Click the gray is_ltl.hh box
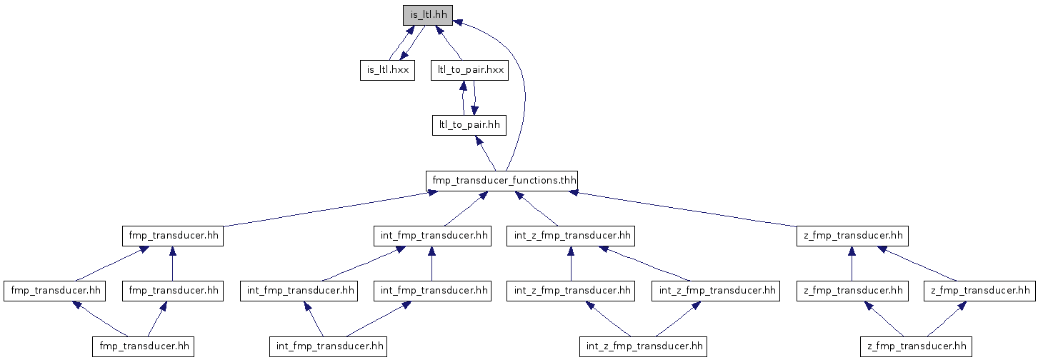tap(428, 15)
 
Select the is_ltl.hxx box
tap(387, 70)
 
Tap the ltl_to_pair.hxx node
tap(469, 70)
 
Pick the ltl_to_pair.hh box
tap(469, 125)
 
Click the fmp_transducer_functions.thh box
tap(501, 180)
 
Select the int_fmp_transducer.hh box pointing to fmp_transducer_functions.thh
tap(432, 236)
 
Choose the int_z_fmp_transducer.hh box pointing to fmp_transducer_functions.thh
tap(571, 236)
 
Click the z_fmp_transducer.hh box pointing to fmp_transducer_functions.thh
tap(853, 236)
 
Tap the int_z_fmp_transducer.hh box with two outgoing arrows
tap(643, 346)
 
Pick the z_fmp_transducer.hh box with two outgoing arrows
tap(916, 346)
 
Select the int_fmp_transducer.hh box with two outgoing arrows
tap(328, 346)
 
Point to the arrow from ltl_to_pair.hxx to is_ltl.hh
tap(449, 43)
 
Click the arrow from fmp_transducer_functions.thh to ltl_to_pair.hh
tap(486, 153)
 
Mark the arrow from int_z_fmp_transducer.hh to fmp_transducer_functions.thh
tap(537, 209)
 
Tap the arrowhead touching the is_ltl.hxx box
tap(404, 55)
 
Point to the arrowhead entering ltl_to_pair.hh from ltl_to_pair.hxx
tap(474, 110)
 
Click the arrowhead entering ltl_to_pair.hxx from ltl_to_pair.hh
tap(462, 85)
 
